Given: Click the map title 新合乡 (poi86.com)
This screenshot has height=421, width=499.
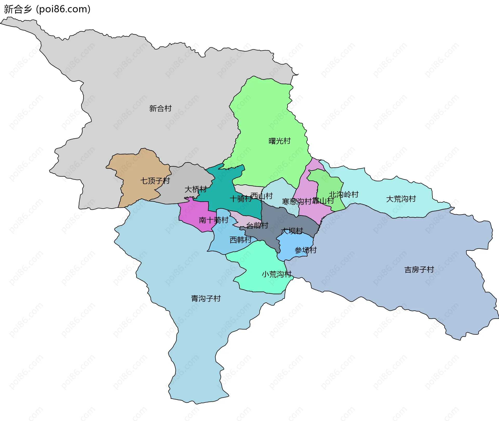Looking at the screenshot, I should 47,9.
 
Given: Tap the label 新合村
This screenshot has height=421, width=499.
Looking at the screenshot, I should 160,108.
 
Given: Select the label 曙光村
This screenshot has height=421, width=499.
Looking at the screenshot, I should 279,141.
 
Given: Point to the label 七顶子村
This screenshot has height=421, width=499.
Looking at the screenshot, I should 155,181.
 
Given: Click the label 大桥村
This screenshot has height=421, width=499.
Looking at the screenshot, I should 195,189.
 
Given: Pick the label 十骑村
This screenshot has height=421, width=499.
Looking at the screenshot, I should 240,199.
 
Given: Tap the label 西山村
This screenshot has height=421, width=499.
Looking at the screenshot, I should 262,196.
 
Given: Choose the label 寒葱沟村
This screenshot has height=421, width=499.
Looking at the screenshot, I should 297,202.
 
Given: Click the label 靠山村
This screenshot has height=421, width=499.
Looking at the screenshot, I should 323,201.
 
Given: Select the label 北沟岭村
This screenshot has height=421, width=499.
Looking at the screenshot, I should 344,195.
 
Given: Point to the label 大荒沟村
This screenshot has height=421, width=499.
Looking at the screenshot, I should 401,199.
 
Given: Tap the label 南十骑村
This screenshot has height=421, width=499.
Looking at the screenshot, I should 213,220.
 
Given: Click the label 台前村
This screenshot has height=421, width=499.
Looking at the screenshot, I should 257,225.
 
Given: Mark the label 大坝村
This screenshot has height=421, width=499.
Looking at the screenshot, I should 292,231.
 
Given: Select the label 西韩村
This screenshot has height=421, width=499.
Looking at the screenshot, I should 240,240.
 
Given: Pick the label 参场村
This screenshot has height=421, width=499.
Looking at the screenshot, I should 305,250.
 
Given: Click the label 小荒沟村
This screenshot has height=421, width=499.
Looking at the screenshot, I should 277,274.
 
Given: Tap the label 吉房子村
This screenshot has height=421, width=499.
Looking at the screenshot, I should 419,270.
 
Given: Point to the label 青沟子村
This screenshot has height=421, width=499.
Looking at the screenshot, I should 206,298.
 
